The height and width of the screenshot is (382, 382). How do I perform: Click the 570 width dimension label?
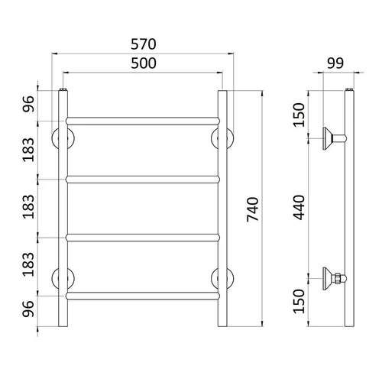pyautogui.click(x=144, y=44)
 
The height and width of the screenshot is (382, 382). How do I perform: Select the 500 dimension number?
pyautogui.click(x=144, y=63)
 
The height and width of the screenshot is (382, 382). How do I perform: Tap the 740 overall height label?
pyautogui.click(x=253, y=209)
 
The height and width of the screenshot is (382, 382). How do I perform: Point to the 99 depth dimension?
pyautogui.click(x=335, y=63)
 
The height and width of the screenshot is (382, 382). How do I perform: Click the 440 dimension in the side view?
pyautogui.click(x=299, y=207)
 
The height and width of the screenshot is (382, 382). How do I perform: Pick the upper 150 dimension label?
pyautogui.click(x=299, y=115)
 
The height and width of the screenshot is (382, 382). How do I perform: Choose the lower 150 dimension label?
pyautogui.click(x=299, y=301)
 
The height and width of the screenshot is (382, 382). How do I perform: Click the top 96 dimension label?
pyautogui.click(x=28, y=104)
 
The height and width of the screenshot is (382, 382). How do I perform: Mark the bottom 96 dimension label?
pyautogui.click(x=28, y=309)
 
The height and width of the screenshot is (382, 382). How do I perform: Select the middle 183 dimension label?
pyautogui.click(x=28, y=206)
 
